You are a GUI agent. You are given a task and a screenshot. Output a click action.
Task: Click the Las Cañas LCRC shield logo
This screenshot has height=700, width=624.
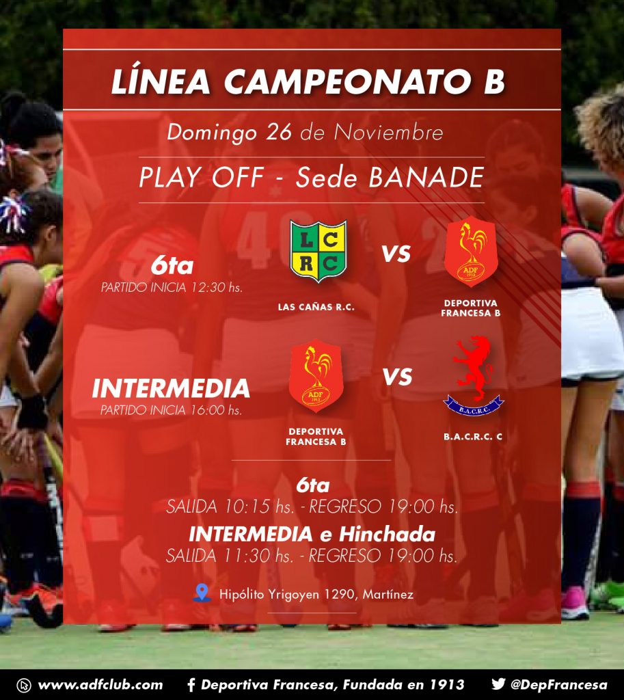[x=318, y=251]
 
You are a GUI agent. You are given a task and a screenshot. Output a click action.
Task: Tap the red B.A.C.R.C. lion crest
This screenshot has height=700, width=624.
[x=474, y=375]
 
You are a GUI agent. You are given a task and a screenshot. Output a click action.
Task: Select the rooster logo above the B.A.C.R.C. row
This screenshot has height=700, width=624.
[x=471, y=252]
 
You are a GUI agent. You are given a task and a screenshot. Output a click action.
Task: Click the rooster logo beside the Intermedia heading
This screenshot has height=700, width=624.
[x=316, y=375]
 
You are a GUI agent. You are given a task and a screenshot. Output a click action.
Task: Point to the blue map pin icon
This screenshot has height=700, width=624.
[x=202, y=593]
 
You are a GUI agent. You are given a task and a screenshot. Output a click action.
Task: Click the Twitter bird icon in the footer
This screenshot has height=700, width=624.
[x=498, y=684]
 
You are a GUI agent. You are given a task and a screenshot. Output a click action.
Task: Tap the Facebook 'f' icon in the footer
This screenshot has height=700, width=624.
[x=191, y=685]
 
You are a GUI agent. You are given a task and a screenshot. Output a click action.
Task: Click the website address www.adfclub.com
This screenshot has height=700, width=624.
[x=100, y=685]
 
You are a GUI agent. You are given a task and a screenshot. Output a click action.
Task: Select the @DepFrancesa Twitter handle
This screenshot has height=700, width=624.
[x=558, y=685]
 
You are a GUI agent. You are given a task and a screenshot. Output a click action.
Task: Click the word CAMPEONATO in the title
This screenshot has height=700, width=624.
[x=348, y=81]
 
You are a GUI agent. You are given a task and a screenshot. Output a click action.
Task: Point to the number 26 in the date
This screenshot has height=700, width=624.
[x=279, y=132]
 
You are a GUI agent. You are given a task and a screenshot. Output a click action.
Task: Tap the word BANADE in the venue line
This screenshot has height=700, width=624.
[x=426, y=177]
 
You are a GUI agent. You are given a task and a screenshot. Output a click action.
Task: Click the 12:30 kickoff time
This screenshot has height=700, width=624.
[x=208, y=287]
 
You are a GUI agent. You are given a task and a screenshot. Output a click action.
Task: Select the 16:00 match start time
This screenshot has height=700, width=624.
[x=208, y=410]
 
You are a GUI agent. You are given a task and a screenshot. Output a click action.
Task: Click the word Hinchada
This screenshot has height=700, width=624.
[x=387, y=534]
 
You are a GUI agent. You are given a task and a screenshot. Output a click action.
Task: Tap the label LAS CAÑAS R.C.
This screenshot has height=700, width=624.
[x=316, y=307]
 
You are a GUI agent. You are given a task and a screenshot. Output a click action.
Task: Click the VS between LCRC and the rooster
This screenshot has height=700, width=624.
[x=396, y=254]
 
